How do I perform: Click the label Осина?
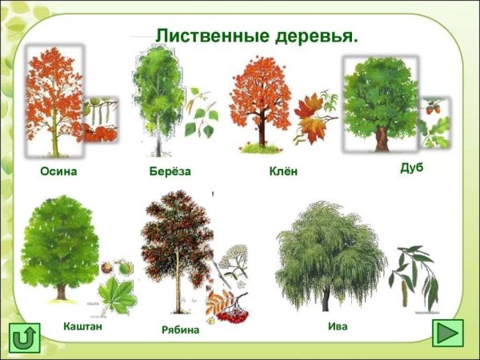tap(58, 172)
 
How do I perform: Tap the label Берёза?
tap(170, 172)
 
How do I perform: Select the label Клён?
tap(283, 172)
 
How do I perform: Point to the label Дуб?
tap(411, 167)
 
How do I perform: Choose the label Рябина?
tap(180, 329)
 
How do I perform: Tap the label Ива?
tap(338, 326)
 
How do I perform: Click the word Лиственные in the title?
tap(206, 36)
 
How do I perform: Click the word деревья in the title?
tap(310, 36)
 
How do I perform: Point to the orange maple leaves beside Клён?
tap(314, 120)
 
